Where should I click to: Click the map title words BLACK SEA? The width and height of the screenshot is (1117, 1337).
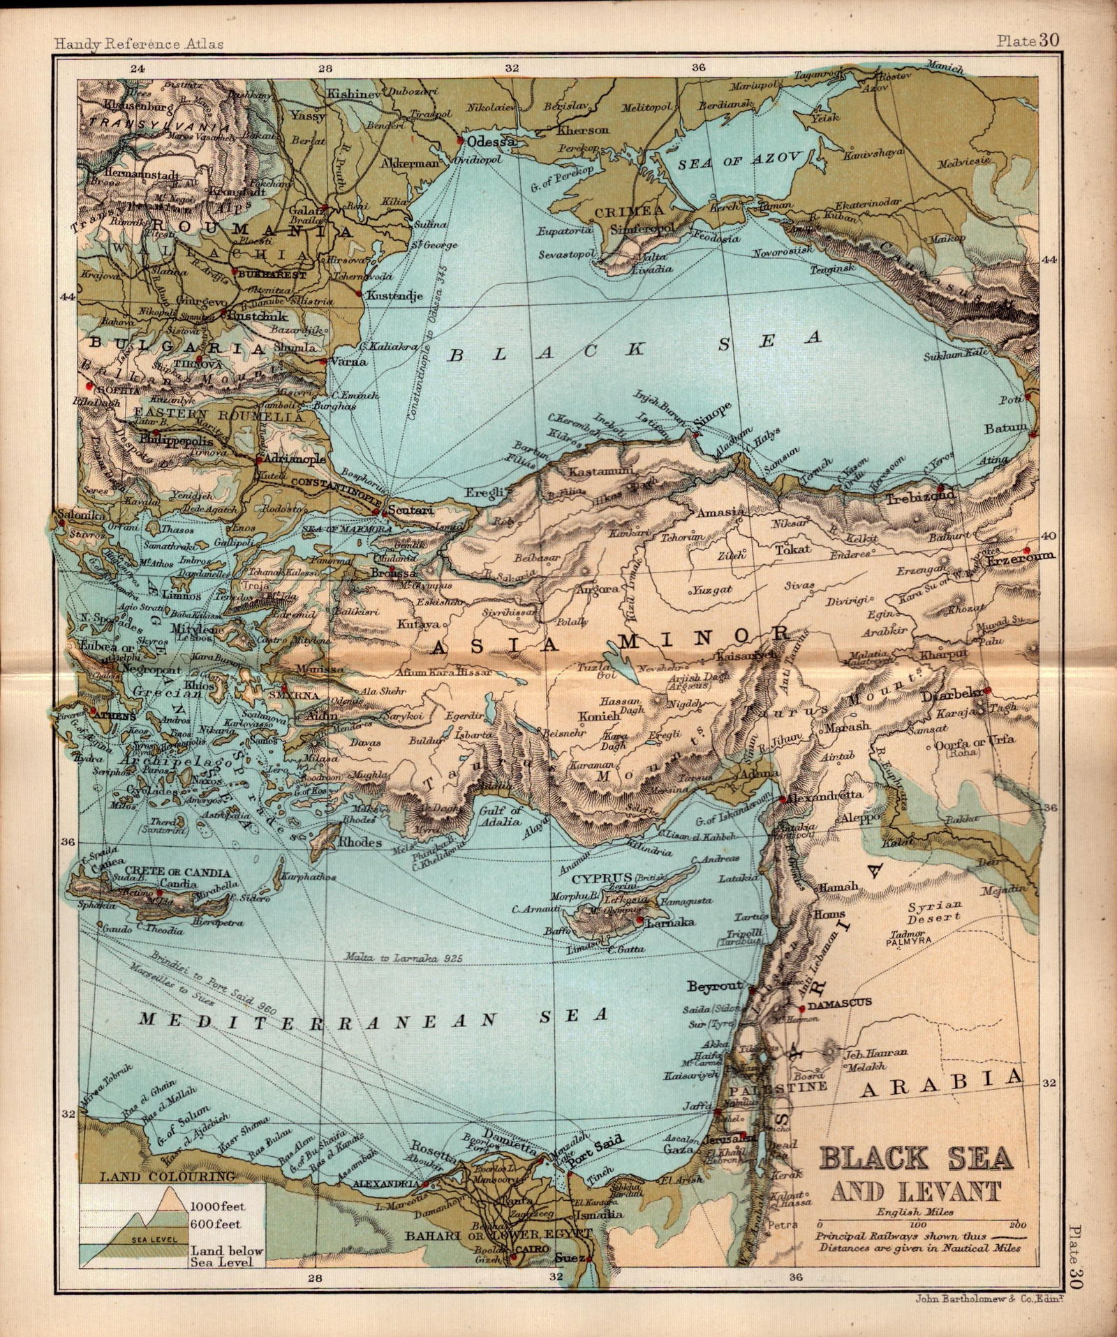pyautogui.click(x=915, y=1159)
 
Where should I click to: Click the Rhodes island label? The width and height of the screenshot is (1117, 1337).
pyautogui.click(x=360, y=843)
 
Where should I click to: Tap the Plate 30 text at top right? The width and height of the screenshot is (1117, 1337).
pyautogui.click(x=1027, y=40)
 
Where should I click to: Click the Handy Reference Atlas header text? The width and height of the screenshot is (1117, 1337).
pyautogui.click(x=139, y=43)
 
